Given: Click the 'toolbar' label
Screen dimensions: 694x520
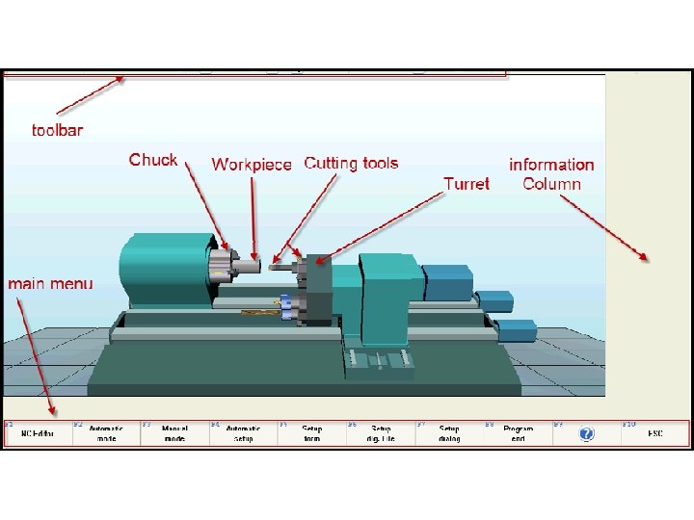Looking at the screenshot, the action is pos(57,130).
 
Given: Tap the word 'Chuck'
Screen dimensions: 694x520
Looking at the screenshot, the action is pos(153,160).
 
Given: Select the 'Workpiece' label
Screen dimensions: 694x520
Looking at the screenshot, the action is pos(252,165).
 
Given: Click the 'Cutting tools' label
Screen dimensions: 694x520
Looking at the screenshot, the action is pos(351,164).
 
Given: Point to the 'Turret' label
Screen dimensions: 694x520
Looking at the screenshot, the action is pos(467,183).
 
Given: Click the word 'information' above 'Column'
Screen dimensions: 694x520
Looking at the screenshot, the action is pos(551,165).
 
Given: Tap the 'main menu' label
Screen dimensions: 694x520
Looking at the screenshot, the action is pos(51,283).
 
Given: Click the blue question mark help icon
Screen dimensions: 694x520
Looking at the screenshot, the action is pos(586,434).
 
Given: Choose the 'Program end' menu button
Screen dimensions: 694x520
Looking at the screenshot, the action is pos(519,433).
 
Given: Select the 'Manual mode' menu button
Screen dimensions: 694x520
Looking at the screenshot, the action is pos(174,433).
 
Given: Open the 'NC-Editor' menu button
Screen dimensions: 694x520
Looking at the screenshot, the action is pos(39,433).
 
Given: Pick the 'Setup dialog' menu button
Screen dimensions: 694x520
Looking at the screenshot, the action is pos(449,433).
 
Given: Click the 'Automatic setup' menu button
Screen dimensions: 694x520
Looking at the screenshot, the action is pos(244,433).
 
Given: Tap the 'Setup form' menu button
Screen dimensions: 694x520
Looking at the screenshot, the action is pos(312,433).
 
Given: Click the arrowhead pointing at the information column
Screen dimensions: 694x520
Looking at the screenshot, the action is pos(643,256).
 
